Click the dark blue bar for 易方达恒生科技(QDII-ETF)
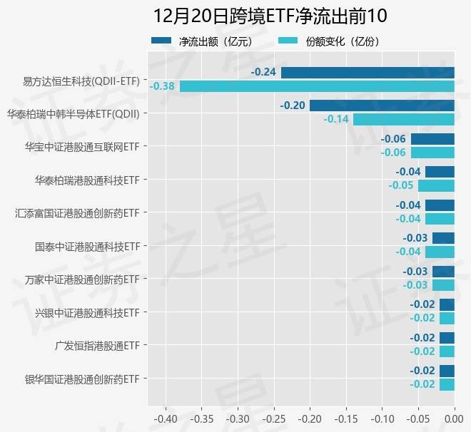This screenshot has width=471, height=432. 368,72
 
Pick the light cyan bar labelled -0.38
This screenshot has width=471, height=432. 317,86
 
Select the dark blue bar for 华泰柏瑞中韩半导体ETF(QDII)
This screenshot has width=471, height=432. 382,106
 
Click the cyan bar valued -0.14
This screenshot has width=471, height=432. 403,119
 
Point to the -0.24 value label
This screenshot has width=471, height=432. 263,72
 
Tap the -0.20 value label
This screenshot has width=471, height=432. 293,106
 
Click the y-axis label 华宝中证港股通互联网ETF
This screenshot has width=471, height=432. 81,147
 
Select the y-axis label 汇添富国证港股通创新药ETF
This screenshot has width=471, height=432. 77,213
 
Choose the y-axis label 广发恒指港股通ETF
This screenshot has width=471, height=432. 96,346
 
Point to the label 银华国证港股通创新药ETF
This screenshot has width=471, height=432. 81,379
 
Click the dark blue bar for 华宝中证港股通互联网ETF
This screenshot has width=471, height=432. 432,138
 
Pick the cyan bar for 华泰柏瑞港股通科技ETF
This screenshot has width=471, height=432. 436,185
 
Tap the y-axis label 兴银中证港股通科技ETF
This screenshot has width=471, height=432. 86,312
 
